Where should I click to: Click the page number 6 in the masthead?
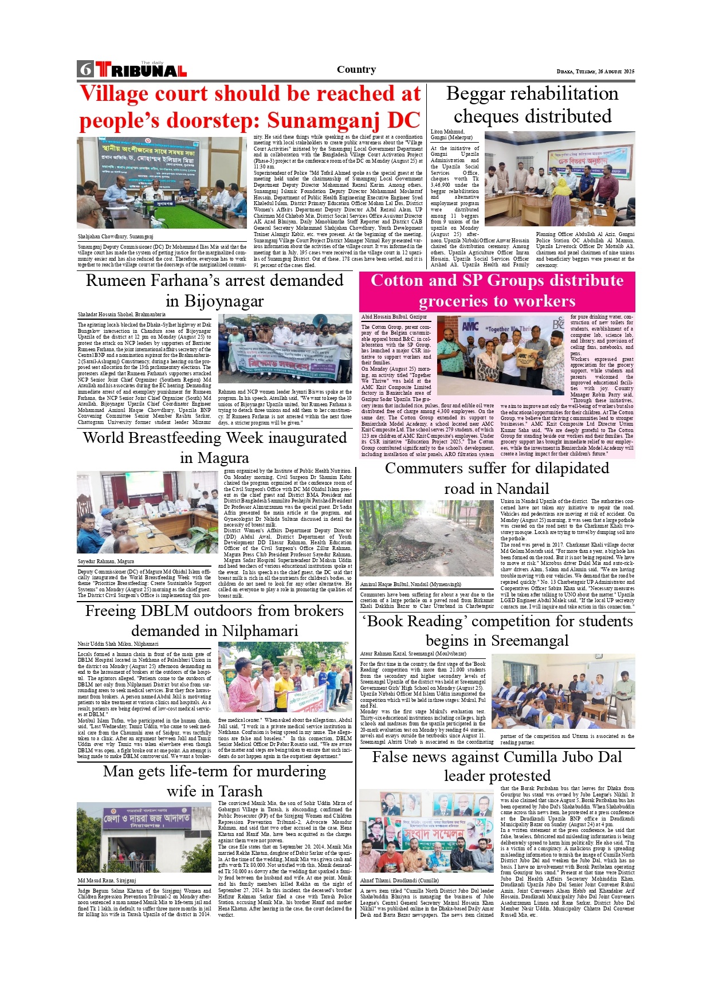(x=86, y=69)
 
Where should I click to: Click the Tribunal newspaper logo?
(x=141, y=70)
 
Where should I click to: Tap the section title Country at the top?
(x=356, y=69)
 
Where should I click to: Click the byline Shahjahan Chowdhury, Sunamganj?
(x=116, y=237)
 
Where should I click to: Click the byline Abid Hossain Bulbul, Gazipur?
(x=394, y=317)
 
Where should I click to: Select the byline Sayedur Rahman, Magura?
(x=106, y=562)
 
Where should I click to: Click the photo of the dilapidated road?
(x=427, y=538)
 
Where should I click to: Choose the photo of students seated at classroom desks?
(x=563, y=691)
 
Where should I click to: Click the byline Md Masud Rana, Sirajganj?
(x=107, y=881)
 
